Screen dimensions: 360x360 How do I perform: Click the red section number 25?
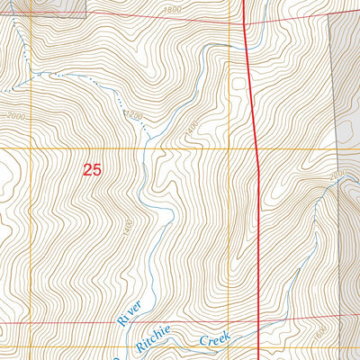tap(92, 168)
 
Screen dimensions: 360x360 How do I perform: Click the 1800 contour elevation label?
tap(174, 9)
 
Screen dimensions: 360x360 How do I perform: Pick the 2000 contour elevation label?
tap(15, 117)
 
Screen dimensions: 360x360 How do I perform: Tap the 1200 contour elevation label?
tap(135, 115)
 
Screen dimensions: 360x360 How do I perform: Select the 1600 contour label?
tap(322, 333)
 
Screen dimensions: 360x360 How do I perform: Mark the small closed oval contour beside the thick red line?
tap(239, 84)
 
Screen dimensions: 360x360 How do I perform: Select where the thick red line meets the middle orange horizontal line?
tap(259, 148)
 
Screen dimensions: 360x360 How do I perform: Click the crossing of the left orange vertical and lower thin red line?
tap(31, 322)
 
